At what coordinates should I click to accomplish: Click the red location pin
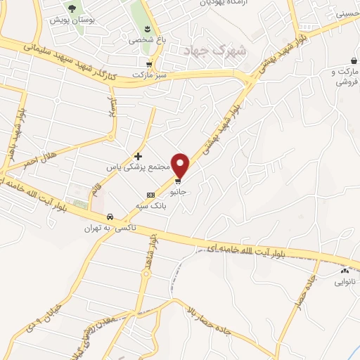181,165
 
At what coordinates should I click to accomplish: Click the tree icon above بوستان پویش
71,8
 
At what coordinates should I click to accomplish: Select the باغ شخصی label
143,40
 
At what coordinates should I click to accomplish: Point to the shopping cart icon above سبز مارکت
148,63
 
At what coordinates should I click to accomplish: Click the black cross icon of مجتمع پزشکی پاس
138,155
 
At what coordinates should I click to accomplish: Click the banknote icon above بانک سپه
150,195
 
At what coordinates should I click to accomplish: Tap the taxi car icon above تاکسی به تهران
109,217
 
